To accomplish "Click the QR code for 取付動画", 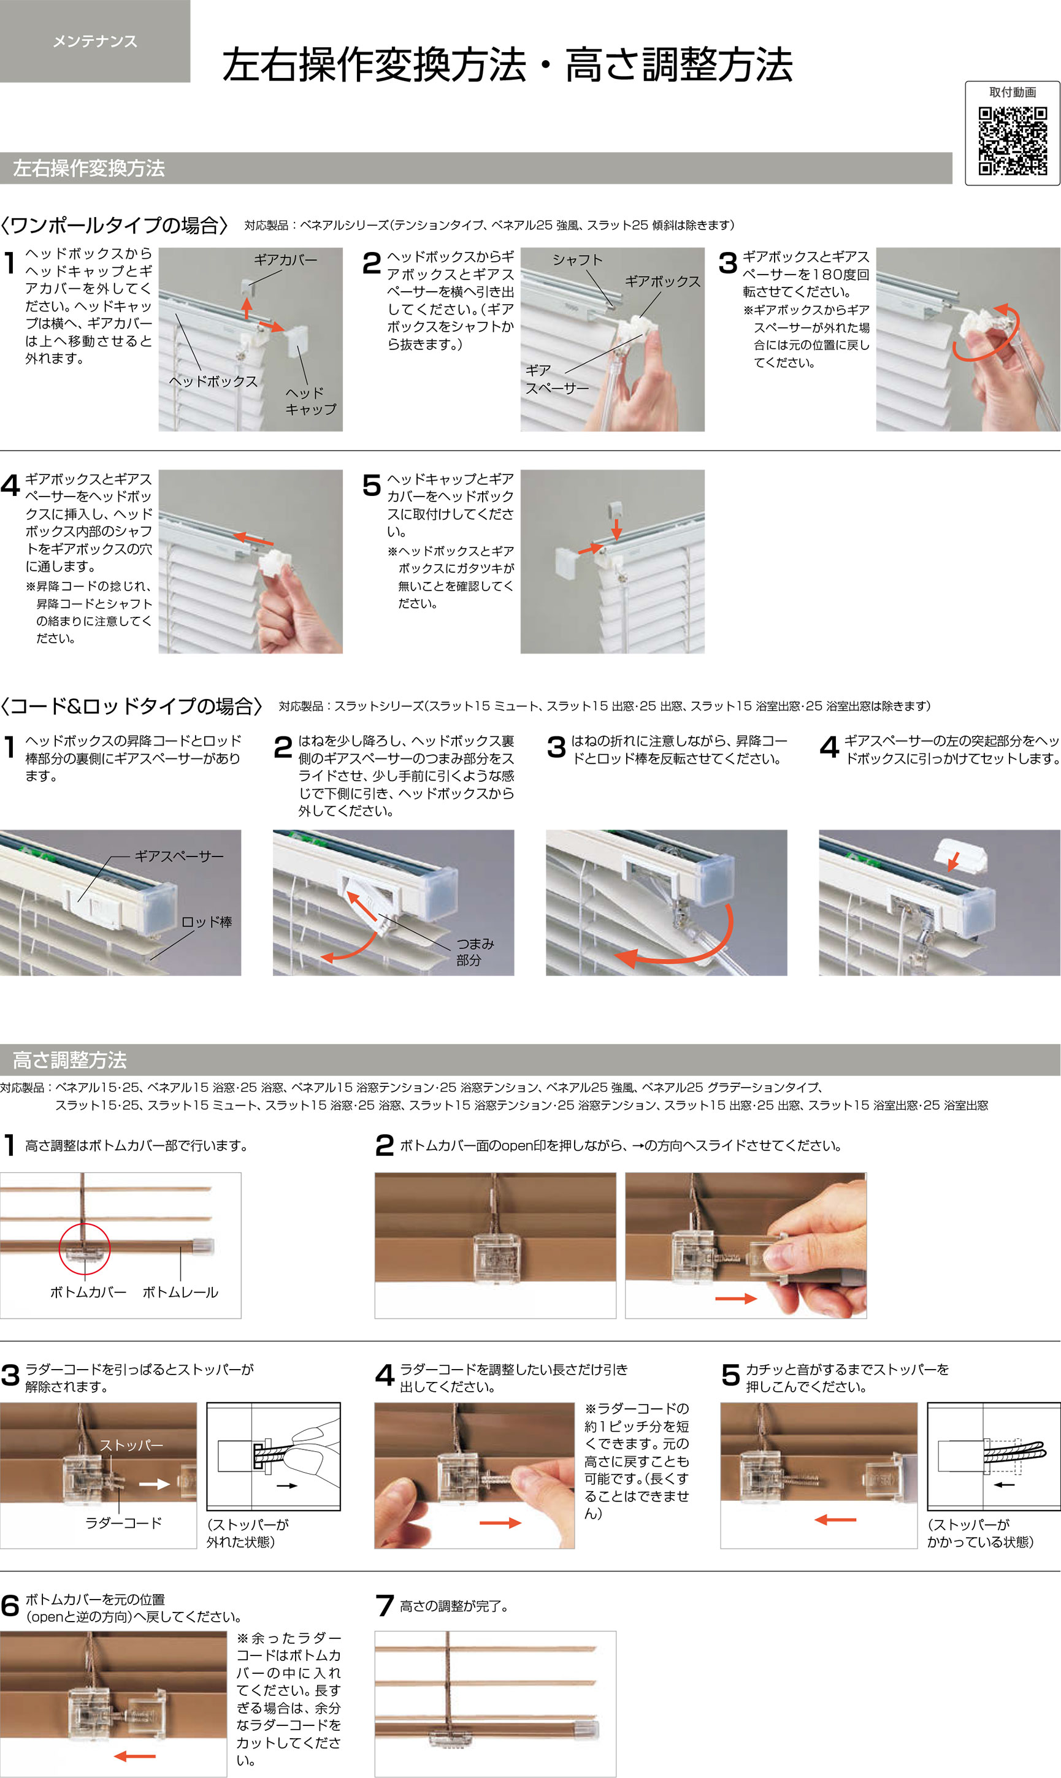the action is click(1013, 141).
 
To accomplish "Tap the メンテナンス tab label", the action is click(95, 42).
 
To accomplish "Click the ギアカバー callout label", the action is click(285, 260).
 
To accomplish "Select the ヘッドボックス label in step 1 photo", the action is click(213, 381).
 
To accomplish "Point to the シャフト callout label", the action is click(577, 260).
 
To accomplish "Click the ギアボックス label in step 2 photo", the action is click(663, 281).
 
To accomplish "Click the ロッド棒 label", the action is click(207, 922).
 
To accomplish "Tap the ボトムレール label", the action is click(180, 1292).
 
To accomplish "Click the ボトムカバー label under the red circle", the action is click(88, 1292).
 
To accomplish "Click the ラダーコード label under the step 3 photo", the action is click(124, 1523).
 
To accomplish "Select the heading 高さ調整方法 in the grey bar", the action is click(69, 1060).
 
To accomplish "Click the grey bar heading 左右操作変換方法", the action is click(89, 168).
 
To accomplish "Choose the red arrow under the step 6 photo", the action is click(134, 1756).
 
